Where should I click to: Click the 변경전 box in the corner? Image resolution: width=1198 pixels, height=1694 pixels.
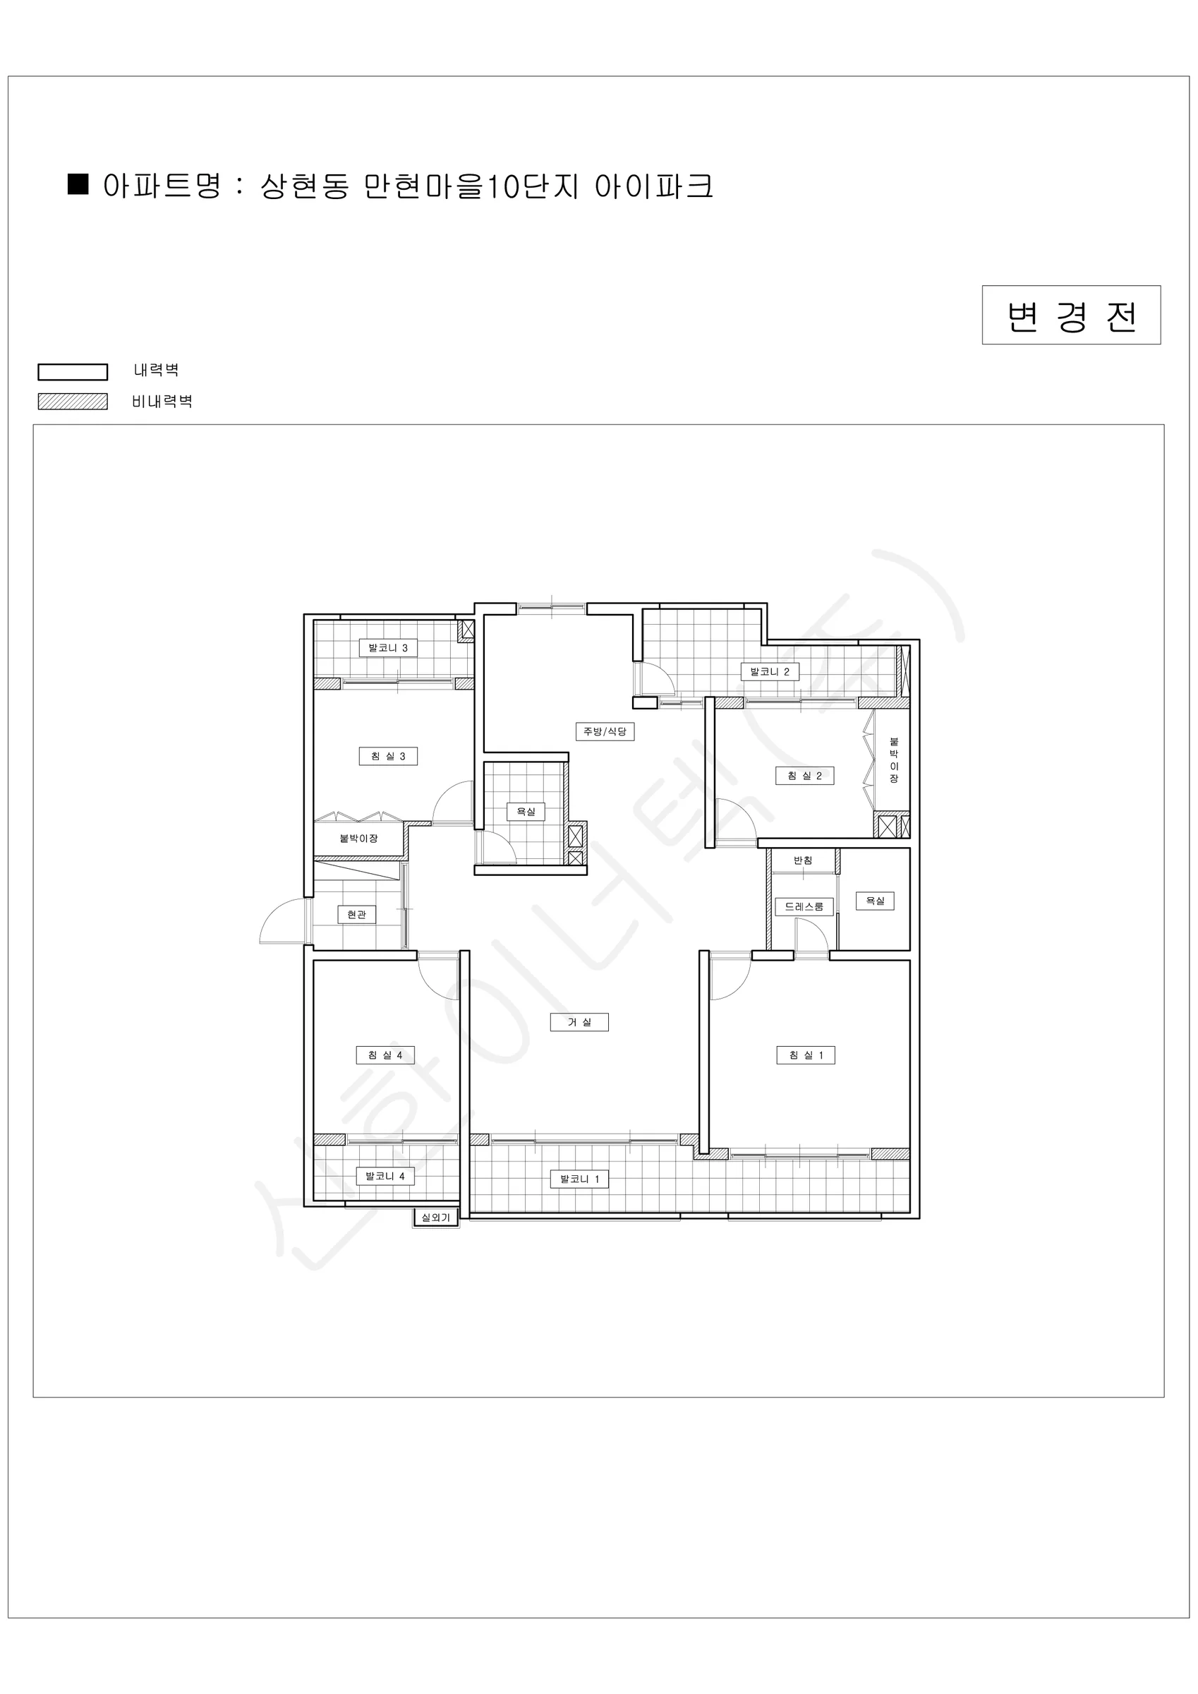click(1071, 315)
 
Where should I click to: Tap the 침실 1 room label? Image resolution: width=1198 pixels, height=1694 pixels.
click(806, 1055)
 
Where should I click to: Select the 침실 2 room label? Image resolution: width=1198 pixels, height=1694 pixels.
click(805, 776)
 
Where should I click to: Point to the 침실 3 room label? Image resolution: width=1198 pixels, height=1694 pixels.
click(388, 755)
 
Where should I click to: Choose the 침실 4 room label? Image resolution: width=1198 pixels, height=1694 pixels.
click(385, 1055)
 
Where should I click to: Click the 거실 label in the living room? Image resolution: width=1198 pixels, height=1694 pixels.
click(580, 1022)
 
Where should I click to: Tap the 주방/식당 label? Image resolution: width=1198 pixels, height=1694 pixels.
click(605, 731)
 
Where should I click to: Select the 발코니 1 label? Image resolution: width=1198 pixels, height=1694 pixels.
click(580, 1179)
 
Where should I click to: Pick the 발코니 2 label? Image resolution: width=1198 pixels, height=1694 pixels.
click(770, 671)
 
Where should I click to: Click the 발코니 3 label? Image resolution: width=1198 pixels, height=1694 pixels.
click(388, 648)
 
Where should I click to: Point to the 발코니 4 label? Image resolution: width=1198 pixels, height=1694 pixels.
click(385, 1176)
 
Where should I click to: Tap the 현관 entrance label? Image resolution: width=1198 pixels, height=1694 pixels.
click(356, 914)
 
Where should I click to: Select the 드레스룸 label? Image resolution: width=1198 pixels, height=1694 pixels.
click(804, 906)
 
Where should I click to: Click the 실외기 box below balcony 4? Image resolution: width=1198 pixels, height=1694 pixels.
click(435, 1218)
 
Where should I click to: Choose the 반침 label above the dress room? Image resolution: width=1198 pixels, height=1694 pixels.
click(804, 860)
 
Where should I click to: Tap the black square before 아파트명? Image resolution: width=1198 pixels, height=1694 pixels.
click(78, 184)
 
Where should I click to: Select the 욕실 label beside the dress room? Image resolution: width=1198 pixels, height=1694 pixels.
click(875, 901)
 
